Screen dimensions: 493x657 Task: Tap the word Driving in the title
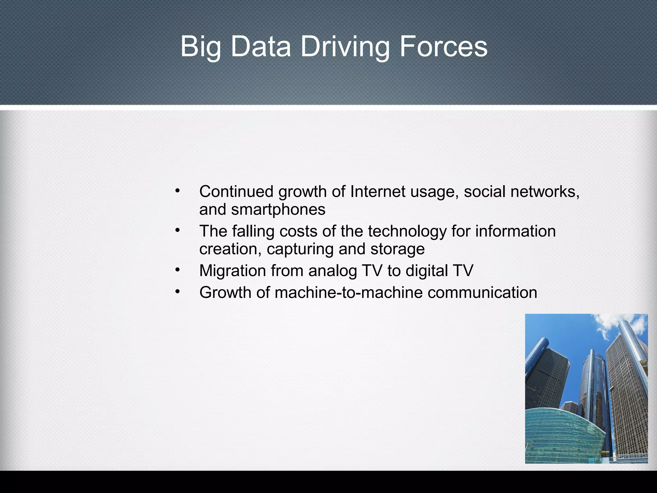[x=345, y=47]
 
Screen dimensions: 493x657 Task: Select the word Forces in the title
[x=443, y=47]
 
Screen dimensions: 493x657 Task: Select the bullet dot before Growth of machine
[x=177, y=292]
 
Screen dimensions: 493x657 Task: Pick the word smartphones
[x=278, y=210]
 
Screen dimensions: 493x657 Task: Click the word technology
[x=407, y=231]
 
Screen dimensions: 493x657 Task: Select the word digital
[x=426, y=271]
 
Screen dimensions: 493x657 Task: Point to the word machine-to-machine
[x=348, y=292]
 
